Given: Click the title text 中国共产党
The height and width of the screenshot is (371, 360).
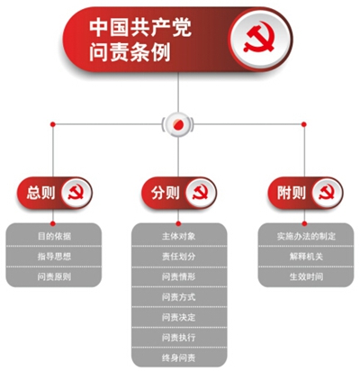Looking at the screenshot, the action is tap(140, 28).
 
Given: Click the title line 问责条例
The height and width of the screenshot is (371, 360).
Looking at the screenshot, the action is tap(130, 52).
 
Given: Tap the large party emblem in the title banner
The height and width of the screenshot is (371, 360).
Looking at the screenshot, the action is tap(260, 38).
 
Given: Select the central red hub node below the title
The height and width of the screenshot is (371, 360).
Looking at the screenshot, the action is tap(178, 123).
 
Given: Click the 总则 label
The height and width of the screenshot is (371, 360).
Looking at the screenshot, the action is tap(40, 193).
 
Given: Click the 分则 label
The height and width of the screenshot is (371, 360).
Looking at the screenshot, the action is tap(166, 193).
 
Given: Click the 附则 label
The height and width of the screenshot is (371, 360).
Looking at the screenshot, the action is tap(292, 193).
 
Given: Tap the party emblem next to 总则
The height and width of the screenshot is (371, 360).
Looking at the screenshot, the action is tap(76, 193).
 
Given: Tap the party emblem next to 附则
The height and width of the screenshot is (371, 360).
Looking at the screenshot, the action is tap(327, 193).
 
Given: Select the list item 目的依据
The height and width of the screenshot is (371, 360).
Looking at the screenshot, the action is tap(54, 236).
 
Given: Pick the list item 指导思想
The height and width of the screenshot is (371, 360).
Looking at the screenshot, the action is tap(54, 257).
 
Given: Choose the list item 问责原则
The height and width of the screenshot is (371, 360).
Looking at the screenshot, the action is tap(54, 276).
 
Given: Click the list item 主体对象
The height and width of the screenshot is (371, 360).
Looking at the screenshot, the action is tap(179, 236).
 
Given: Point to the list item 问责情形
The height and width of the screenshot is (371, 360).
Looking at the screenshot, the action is tap(179, 276).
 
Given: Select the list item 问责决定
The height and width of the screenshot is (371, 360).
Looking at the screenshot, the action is tap(179, 317).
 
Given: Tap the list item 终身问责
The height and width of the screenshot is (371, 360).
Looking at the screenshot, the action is tap(179, 357).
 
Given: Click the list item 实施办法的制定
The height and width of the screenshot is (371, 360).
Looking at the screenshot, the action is tap(306, 236).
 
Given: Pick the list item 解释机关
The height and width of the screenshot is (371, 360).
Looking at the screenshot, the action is tap(306, 257).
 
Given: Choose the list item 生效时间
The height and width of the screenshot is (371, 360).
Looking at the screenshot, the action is tap(306, 276).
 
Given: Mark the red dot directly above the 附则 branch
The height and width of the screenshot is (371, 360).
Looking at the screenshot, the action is tap(304, 124).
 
